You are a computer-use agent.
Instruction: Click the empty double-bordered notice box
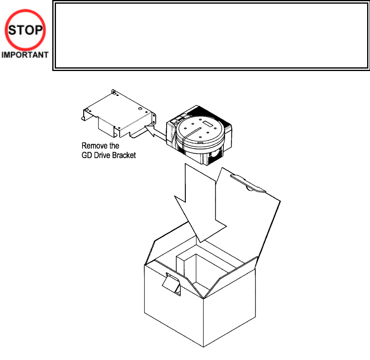coord(211,36)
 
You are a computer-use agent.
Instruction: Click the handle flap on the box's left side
coord(172,284)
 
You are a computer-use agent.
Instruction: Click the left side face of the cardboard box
coord(167,310)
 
